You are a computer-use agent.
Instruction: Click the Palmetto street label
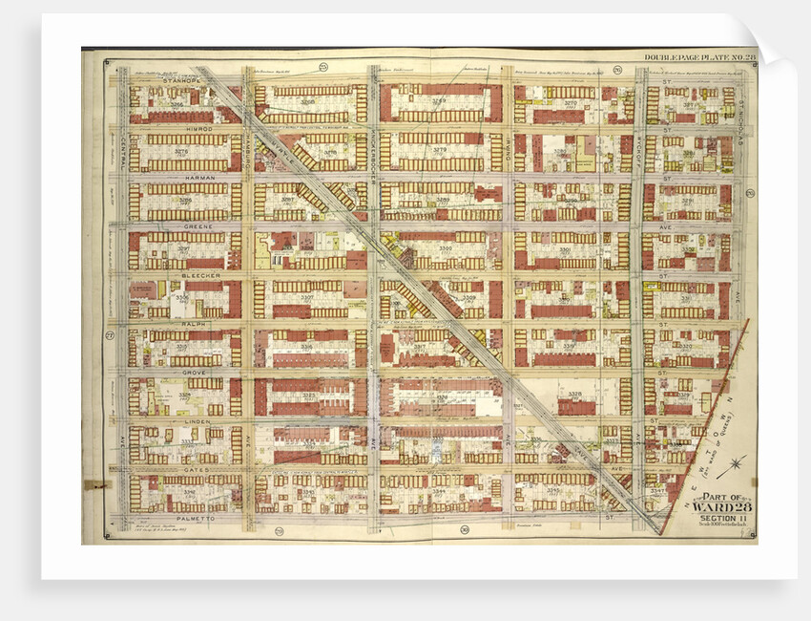click(x=181, y=520)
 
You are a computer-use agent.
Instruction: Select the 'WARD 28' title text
click(x=722, y=506)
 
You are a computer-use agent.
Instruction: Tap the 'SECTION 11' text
click(x=722, y=518)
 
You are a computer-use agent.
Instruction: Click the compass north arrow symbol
click(x=735, y=469)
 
